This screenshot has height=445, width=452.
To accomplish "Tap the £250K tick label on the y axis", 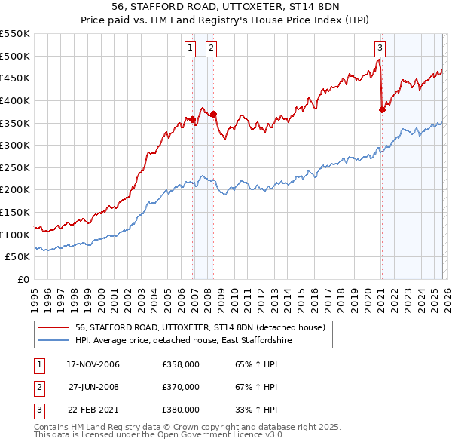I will click(15, 167).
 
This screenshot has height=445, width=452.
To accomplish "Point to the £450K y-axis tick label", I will click(15, 78).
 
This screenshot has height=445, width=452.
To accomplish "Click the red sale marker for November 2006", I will click(193, 119).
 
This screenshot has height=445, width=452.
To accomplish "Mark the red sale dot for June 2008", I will click(214, 114).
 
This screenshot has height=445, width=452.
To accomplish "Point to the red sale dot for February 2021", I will click(382, 109).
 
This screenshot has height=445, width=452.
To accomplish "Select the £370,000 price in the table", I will click(181, 387).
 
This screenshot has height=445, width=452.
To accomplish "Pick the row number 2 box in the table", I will click(38, 387).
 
